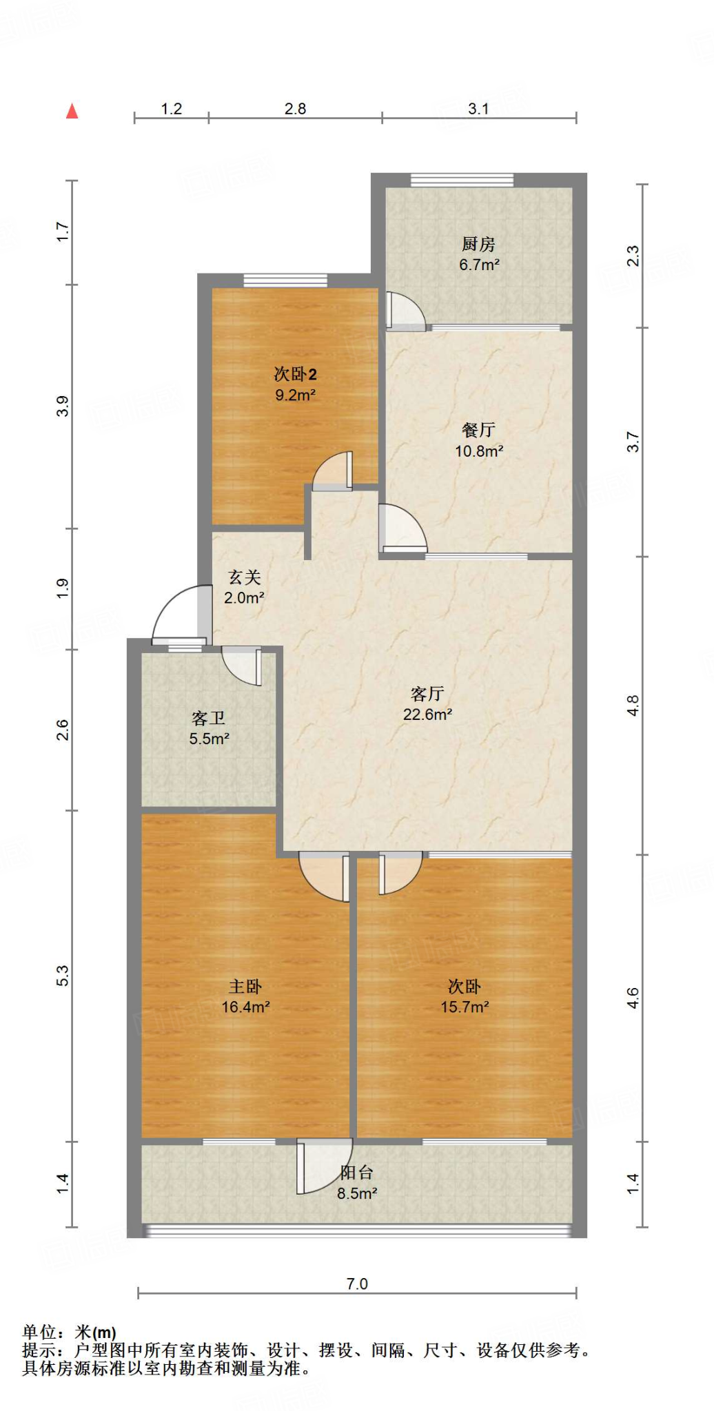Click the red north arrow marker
72,111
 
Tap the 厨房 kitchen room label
478,244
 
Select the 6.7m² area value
479,265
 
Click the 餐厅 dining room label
478,430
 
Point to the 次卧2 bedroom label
295,374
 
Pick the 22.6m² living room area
427,714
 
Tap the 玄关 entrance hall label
245,577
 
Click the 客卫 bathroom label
209,719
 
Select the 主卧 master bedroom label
245,987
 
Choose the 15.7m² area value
465,1007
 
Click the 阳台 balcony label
356,1173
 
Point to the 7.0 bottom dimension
357,1284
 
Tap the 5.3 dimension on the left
63,976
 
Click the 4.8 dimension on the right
633,705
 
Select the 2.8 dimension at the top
295,109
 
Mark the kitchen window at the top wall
462,180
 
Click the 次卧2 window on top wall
285,280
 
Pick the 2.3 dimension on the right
633,256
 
